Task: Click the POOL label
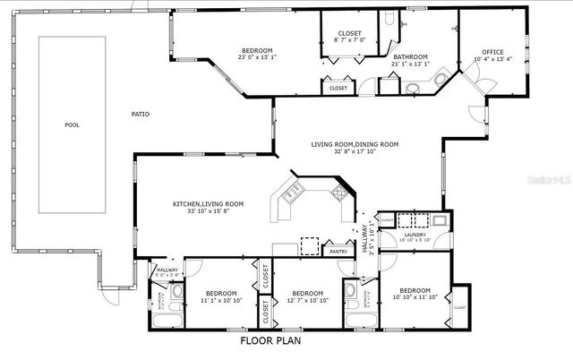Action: click(73, 124)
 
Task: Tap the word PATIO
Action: click(141, 114)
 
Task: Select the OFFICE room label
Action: click(493, 52)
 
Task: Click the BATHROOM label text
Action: click(410, 56)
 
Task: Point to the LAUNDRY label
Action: click(415, 234)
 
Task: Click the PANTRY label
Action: click(338, 252)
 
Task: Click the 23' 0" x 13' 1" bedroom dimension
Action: click(257, 57)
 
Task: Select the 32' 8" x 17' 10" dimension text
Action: click(355, 151)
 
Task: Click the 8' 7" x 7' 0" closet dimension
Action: click(349, 39)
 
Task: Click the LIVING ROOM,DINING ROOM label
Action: click(355, 144)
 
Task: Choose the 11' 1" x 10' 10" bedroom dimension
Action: click(221, 300)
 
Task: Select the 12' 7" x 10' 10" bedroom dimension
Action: click(307, 300)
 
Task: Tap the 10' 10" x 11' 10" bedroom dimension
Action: click(415, 297)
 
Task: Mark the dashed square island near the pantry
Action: click(310, 246)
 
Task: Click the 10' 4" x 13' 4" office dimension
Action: click(493, 60)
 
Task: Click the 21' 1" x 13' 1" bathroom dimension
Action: click(410, 64)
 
